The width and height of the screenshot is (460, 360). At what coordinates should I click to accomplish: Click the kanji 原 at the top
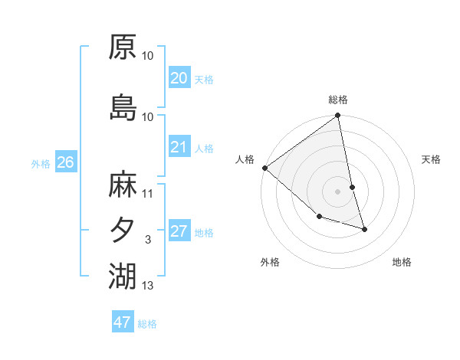[x=123, y=47]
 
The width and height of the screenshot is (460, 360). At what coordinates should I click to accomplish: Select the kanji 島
[x=123, y=106]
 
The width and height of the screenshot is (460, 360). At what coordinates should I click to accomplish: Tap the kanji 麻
[x=123, y=185]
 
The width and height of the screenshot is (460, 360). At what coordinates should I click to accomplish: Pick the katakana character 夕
[x=123, y=230]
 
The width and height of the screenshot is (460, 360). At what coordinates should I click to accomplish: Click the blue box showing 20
[x=179, y=78]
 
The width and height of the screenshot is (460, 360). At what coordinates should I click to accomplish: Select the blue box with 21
[x=179, y=147]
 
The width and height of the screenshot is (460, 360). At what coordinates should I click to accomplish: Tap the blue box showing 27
[x=179, y=231]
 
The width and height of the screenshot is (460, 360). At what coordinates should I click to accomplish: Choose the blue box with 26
[x=65, y=162]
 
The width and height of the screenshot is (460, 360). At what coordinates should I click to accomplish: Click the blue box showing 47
[x=123, y=322]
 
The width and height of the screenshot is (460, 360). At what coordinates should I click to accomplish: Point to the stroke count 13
[x=148, y=286]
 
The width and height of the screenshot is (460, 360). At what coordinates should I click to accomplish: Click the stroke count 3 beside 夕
[x=148, y=241]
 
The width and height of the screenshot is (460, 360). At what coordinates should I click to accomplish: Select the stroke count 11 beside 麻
[x=148, y=194]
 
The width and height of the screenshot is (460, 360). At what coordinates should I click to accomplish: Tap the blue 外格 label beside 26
[x=41, y=163]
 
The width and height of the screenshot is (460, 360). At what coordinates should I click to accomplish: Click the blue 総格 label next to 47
[x=147, y=324]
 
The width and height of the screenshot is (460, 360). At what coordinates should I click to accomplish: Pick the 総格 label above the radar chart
[x=338, y=100]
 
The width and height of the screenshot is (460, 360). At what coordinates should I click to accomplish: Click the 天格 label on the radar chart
[x=431, y=159]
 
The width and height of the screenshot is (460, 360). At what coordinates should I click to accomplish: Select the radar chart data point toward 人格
[x=264, y=168]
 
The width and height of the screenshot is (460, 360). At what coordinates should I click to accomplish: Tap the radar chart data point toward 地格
[x=364, y=229]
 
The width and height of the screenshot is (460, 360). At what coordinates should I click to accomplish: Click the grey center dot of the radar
[x=338, y=191]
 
